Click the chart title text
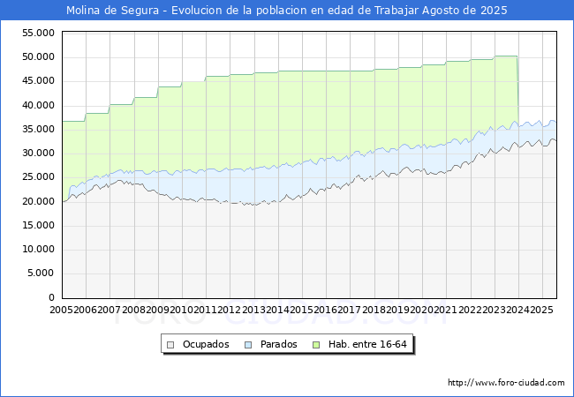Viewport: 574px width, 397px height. tap(287, 10)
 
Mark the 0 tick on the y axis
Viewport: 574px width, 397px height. tap(52, 297)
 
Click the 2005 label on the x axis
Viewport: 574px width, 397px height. tap(62, 311)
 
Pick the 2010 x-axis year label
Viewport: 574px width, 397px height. tap(181, 311)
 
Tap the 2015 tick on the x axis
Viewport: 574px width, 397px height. tap(301, 311)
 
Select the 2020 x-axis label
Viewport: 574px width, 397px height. tap(421, 311)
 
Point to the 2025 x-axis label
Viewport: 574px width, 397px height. tap(540, 311)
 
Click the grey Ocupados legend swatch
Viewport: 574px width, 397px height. tap(172, 344)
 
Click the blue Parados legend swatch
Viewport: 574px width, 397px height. tap(248, 344)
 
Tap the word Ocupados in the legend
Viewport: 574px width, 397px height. tap(205, 344)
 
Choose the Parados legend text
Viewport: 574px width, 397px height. tap(277, 344)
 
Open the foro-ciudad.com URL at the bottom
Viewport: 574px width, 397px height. tap(506, 383)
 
